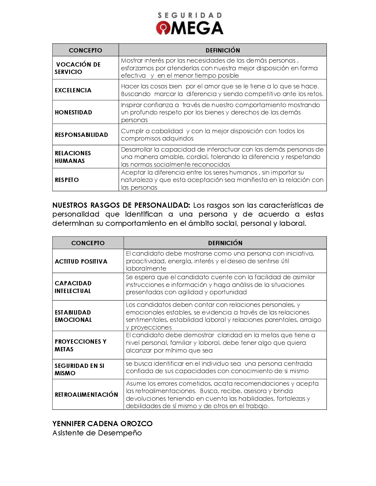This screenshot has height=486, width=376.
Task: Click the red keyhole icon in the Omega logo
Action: (163, 28)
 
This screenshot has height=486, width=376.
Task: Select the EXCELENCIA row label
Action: (73, 90)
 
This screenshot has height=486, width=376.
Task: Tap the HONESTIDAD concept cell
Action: (73, 112)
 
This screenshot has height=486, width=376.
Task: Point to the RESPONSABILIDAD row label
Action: (81, 135)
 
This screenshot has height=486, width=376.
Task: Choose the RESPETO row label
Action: (67, 180)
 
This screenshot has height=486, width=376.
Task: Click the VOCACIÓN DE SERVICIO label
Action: (78, 68)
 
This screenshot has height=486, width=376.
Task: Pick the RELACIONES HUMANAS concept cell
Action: (73, 157)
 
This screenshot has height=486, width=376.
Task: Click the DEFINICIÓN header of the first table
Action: (223, 50)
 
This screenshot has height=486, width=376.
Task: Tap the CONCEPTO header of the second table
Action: (88, 243)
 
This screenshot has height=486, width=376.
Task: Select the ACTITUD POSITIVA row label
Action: (81, 261)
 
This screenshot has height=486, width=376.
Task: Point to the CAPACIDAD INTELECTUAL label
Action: (73, 287)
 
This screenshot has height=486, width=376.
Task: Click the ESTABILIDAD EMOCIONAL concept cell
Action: (73, 316)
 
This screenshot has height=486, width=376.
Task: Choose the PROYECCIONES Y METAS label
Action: (80, 345)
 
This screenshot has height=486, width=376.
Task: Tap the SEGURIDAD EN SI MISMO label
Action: (79, 369)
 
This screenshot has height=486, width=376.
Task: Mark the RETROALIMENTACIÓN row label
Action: (86, 395)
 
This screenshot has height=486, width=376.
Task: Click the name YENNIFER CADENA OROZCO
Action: (102, 424)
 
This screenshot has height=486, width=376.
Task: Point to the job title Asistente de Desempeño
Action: (97, 433)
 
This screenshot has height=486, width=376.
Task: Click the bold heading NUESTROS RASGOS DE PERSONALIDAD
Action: (121, 205)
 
